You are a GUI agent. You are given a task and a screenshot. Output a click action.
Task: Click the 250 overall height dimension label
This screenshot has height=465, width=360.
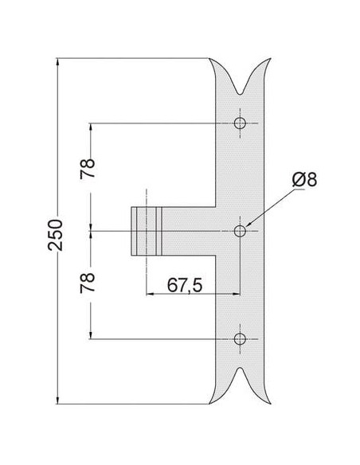tap(56, 235)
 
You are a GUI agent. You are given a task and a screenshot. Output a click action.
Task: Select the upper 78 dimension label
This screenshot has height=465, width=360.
tap(88, 169)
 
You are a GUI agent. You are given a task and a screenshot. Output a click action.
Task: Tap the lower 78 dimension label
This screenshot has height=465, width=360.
tap(88, 283)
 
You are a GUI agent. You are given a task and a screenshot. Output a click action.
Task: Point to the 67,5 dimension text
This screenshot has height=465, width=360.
tap(185, 285)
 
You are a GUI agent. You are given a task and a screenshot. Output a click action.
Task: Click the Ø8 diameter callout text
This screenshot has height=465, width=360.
tap(304, 179)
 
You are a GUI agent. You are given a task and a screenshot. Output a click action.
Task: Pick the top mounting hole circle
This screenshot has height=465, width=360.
tap(240, 123)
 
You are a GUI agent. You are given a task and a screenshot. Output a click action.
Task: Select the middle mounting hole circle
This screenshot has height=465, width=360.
tap(240, 231)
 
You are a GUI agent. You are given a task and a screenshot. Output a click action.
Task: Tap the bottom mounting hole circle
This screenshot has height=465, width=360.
tap(240, 338)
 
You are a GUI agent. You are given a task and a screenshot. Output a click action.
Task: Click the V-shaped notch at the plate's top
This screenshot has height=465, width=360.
tap(241, 89)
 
